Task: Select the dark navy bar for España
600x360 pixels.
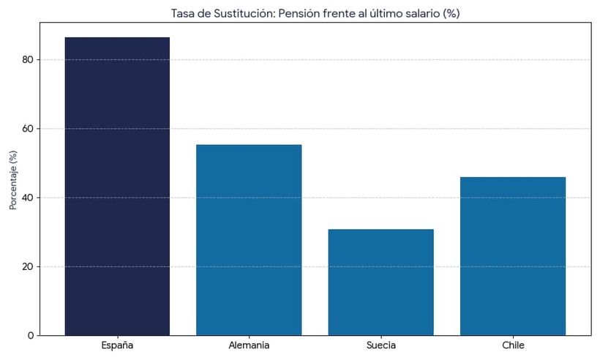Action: pyautogui.click(x=117, y=187)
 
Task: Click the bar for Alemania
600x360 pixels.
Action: pyautogui.click(x=249, y=240)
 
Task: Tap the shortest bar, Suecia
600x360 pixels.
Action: pyautogui.click(x=380, y=282)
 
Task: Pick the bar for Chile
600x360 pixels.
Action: pyautogui.click(x=513, y=256)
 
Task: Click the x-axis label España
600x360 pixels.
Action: pyautogui.click(x=117, y=345)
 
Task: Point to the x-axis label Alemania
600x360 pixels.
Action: pyautogui.click(x=249, y=345)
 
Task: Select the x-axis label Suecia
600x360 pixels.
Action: pyautogui.click(x=380, y=345)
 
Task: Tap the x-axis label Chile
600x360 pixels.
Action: pyautogui.click(x=513, y=345)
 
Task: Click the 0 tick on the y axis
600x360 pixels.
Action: pyautogui.click(x=30, y=336)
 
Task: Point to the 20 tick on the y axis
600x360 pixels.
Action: pyautogui.click(x=28, y=267)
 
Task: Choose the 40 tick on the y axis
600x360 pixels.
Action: pyautogui.click(x=28, y=198)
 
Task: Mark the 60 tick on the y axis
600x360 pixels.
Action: pyautogui.click(x=28, y=129)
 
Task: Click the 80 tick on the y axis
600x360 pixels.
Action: pyautogui.click(x=28, y=60)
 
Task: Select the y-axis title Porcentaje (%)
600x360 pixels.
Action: pyautogui.click(x=12, y=180)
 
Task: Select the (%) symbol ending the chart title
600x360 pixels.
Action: pyautogui.click(x=449, y=13)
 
